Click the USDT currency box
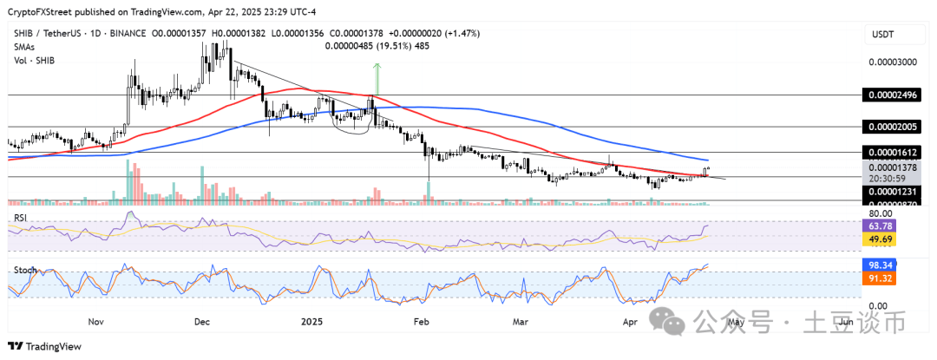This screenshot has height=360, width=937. [x=882, y=34]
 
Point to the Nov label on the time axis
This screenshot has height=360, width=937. [x=95, y=321]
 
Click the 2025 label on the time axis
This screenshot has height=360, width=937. [x=311, y=321]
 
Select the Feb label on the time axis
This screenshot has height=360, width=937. [x=421, y=321]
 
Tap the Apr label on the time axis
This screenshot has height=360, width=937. [x=630, y=321]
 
